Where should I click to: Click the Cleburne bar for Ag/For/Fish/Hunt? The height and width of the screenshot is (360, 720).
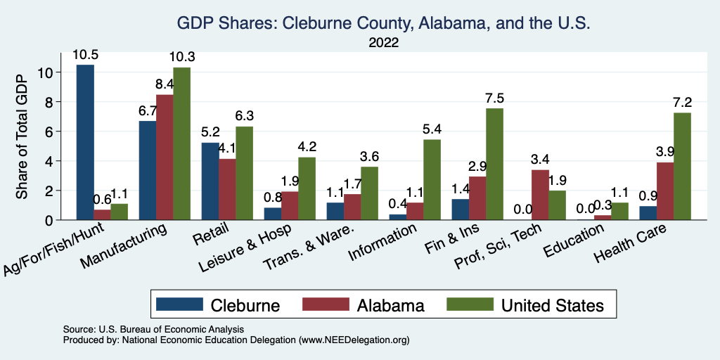click(85, 142)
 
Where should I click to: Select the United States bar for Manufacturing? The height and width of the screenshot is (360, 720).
click(181, 143)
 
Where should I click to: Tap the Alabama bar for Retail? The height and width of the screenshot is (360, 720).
click(227, 189)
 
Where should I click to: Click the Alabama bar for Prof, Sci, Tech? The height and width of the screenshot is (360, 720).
click(540, 195)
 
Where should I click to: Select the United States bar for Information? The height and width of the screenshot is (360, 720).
click(432, 179)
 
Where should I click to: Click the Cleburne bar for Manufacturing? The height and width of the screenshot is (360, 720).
click(148, 170)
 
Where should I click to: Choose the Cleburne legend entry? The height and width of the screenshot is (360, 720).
click(218, 305)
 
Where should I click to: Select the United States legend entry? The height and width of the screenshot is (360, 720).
click(525, 305)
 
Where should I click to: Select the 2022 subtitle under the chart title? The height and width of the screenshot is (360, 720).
click(384, 42)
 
